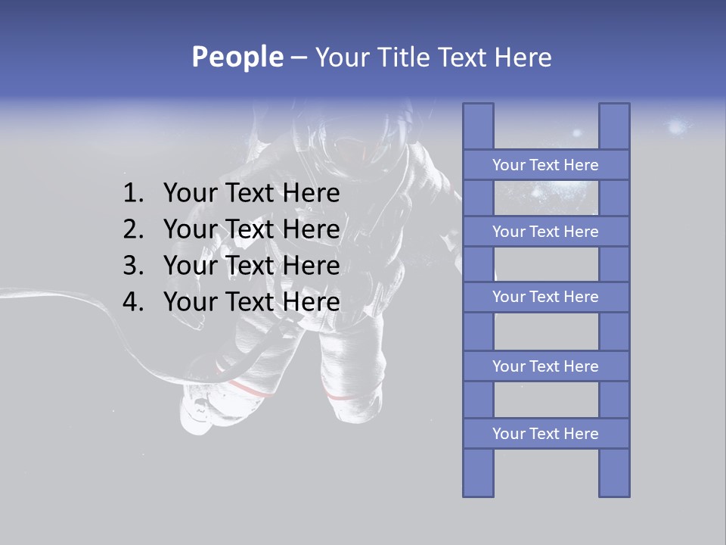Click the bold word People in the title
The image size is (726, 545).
[237, 58]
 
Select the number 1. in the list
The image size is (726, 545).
[133, 194]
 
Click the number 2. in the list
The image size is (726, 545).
[133, 229]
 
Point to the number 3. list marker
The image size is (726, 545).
[133, 266]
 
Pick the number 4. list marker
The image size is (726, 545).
[133, 302]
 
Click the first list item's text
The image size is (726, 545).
[251, 194]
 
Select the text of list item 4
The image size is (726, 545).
[251, 302]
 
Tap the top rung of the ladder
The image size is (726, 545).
[545, 165]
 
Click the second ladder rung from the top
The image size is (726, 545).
[545, 232]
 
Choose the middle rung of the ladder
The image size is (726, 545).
[545, 297]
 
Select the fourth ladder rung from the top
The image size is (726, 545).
[545, 366]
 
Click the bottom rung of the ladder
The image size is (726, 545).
[545, 434]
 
